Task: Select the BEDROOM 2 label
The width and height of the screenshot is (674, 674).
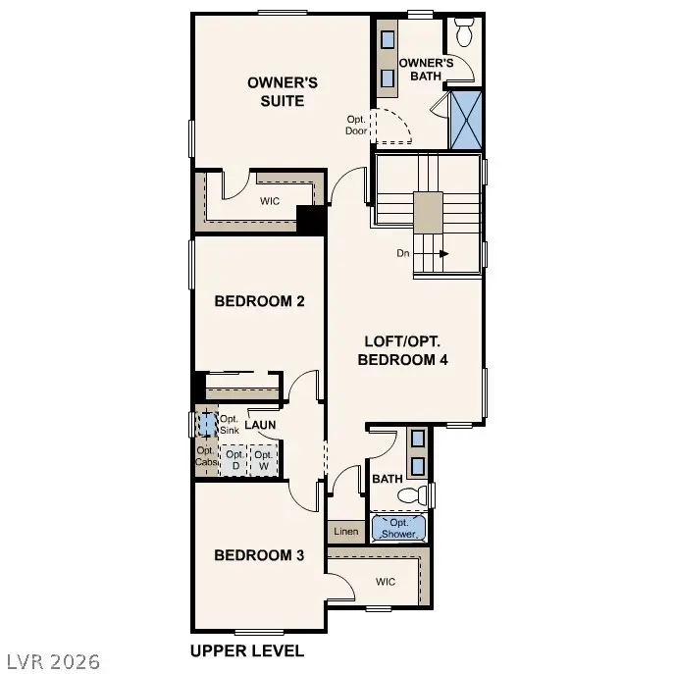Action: click(259, 301)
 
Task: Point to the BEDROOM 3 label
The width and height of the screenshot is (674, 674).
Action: click(259, 555)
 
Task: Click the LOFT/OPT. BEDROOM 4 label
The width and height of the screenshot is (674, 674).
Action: click(403, 350)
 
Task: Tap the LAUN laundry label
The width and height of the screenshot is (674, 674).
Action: click(260, 425)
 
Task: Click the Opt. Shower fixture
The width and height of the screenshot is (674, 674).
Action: click(399, 528)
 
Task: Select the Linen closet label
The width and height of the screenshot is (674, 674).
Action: click(345, 532)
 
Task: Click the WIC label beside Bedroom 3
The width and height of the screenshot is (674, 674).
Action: click(386, 582)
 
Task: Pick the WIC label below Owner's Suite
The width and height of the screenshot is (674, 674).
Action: click(270, 201)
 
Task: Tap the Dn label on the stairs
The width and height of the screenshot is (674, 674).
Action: click(402, 253)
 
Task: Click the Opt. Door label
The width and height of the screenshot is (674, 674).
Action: click(356, 125)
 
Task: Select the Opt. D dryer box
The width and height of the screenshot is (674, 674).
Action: click(234, 459)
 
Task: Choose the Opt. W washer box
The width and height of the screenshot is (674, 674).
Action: click(263, 459)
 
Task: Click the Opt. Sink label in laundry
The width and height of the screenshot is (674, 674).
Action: click(229, 425)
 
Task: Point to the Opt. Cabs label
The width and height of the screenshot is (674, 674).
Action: click(205, 456)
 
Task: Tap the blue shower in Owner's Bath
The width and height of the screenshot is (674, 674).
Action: click(465, 119)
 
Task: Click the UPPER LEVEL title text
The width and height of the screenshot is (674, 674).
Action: click(246, 650)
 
